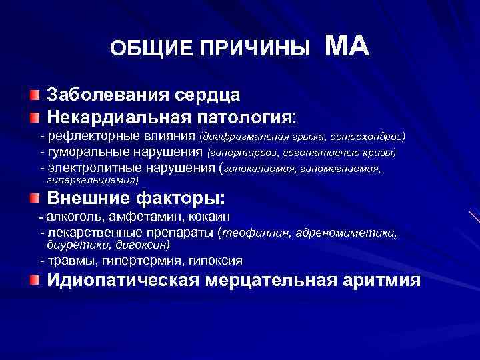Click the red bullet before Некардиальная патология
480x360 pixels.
pyautogui.click(x=34, y=117)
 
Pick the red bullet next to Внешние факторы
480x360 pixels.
pyautogui.click(x=34, y=198)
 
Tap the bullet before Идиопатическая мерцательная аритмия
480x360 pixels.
pyautogui.click(x=34, y=279)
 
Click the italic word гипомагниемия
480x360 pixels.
pyautogui.click(x=343, y=169)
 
